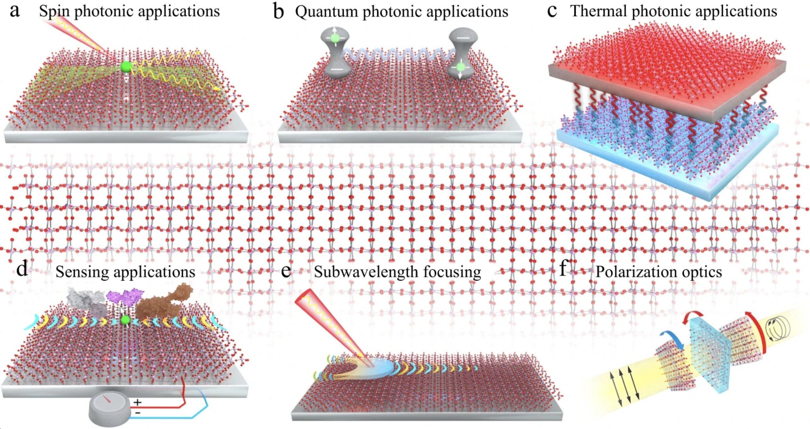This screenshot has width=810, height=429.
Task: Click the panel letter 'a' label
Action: [15, 12]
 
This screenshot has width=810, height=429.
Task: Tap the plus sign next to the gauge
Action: [137, 402]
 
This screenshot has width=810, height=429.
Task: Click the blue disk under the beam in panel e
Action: [380, 367]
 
